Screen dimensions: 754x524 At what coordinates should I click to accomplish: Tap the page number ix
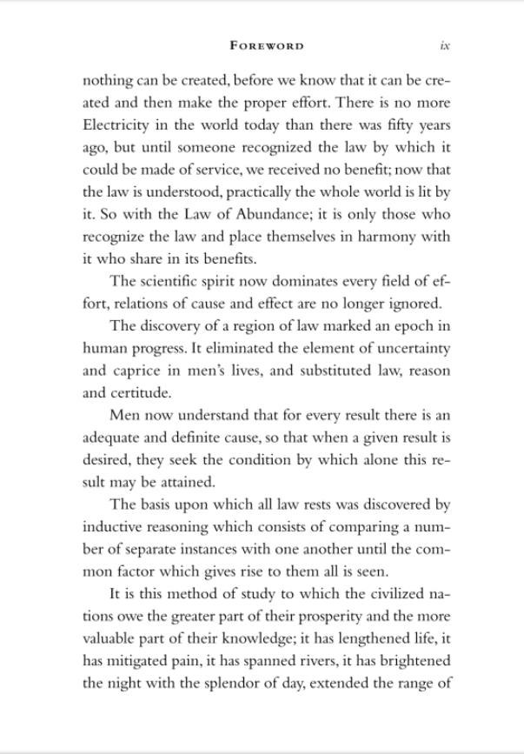[444, 44]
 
